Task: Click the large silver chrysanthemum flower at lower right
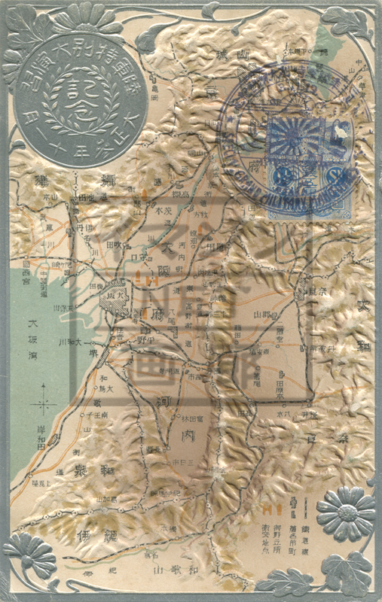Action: (345, 512)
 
